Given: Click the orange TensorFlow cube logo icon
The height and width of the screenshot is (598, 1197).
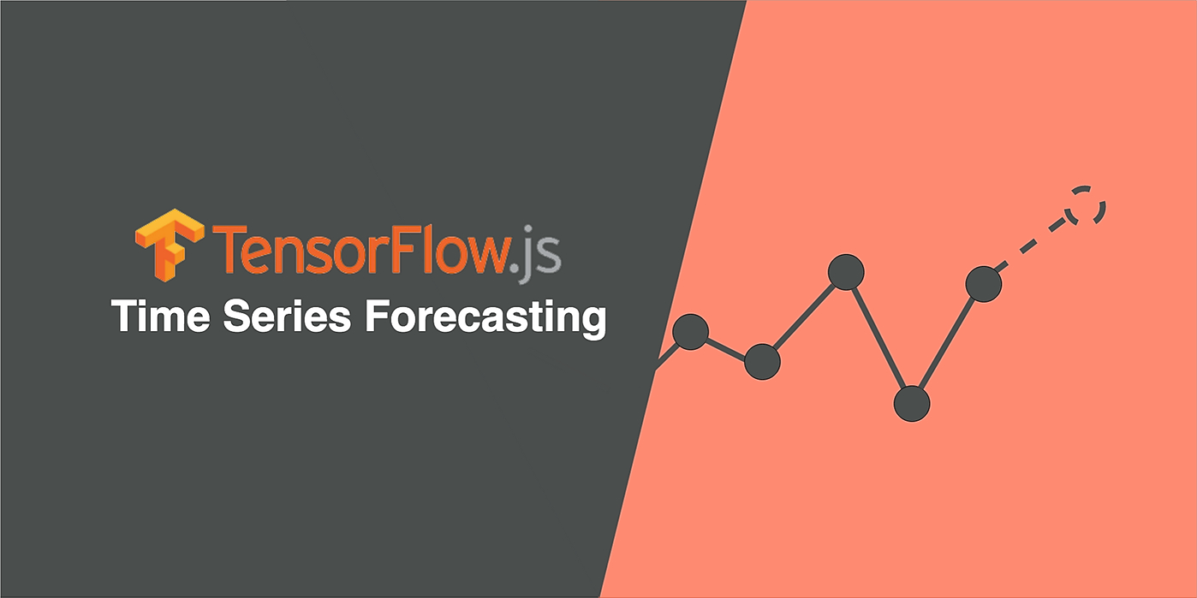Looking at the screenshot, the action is (170, 245).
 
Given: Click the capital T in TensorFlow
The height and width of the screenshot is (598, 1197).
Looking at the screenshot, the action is (232, 248).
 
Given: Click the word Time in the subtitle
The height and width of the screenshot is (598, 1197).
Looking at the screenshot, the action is (161, 316).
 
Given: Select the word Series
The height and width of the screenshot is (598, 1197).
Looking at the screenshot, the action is (287, 316).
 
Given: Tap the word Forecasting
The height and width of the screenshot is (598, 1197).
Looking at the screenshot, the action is (485, 319).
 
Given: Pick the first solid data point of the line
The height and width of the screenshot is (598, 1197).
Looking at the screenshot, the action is (690, 332).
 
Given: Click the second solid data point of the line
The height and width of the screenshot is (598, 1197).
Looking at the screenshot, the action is (762, 362).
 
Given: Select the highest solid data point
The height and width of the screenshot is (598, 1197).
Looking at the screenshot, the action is (846, 272).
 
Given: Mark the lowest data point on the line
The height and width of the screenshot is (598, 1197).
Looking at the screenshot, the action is (912, 404).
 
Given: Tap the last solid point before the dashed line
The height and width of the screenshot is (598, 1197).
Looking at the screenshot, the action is (984, 284).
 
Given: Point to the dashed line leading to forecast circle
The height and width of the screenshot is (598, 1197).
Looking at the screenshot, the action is (1032, 244).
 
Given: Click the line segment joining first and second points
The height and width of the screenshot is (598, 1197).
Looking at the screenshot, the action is (726, 347).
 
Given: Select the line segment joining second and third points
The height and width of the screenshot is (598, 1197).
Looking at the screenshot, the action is (804, 317).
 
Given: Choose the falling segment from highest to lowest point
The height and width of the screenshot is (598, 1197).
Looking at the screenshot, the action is (879, 338).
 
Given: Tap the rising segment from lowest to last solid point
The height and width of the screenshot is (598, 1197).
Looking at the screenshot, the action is (948, 344).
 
